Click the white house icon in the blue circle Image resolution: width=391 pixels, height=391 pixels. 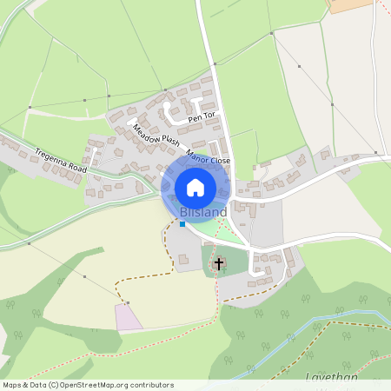click(x=195, y=187)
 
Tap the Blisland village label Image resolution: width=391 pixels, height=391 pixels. click(x=203, y=212)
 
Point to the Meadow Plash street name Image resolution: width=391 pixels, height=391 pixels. click(x=156, y=136)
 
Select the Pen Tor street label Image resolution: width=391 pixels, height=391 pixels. click(x=201, y=116)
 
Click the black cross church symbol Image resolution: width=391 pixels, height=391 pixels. click(x=219, y=262)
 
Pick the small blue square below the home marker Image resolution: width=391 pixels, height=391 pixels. click(x=182, y=224)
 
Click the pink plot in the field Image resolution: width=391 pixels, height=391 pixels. click(x=129, y=317)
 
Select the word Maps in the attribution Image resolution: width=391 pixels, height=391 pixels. click(x=12, y=384)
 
